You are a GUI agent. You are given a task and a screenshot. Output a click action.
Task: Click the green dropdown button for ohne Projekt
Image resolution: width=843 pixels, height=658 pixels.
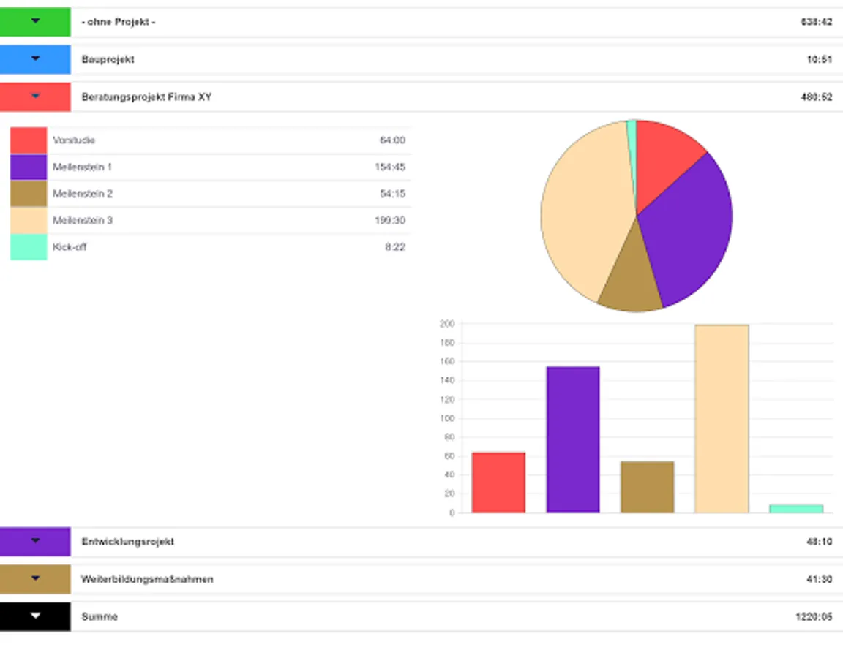[35, 22]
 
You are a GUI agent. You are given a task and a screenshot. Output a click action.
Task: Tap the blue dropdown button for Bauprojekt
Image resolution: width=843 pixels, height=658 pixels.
[35, 59]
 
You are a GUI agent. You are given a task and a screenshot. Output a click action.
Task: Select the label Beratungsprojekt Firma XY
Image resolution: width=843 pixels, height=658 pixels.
[146, 97]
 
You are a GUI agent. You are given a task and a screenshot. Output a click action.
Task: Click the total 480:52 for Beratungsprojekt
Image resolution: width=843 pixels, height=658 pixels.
[816, 97]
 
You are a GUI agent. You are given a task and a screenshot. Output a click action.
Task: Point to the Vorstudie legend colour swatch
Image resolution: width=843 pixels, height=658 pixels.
[29, 140]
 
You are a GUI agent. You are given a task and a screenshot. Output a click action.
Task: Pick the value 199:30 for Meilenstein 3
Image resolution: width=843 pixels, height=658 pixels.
[390, 220]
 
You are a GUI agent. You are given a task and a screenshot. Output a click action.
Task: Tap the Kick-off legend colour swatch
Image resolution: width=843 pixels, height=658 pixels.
[29, 247]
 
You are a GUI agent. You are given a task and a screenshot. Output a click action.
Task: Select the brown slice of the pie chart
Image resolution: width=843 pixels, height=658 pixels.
[632, 281]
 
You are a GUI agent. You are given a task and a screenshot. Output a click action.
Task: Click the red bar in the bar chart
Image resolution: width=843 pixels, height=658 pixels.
[498, 483]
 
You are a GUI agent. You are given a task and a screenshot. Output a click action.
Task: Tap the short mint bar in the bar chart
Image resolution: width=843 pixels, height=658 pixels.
[796, 508]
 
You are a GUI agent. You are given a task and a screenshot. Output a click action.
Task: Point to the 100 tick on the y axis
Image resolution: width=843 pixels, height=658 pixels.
[446, 418]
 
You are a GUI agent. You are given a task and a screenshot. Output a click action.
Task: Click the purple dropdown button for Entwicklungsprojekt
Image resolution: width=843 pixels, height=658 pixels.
[35, 542]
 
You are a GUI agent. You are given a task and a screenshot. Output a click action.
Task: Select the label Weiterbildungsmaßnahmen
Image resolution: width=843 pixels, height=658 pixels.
[147, 579]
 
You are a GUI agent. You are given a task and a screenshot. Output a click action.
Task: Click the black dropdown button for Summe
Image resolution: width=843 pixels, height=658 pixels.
[35, 616]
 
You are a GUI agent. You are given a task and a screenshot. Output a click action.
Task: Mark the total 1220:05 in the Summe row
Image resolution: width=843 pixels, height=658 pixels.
[814, 616]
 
